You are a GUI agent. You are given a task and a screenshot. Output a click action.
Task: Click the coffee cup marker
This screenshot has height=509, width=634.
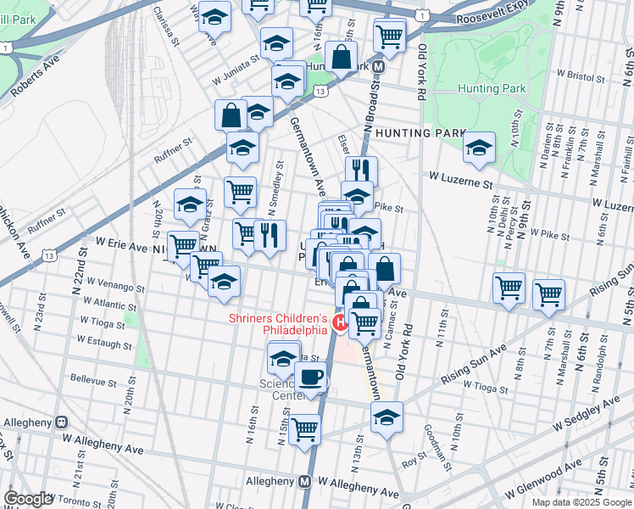point(311,377)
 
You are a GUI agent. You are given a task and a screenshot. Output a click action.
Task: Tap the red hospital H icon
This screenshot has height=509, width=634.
point(341,321)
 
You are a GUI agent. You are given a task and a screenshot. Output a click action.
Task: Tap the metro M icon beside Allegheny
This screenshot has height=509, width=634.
point(304,481)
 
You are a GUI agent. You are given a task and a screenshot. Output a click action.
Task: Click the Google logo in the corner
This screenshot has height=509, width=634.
point(28,499)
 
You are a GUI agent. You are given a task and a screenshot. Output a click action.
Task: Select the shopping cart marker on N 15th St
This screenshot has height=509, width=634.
point(304,428)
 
